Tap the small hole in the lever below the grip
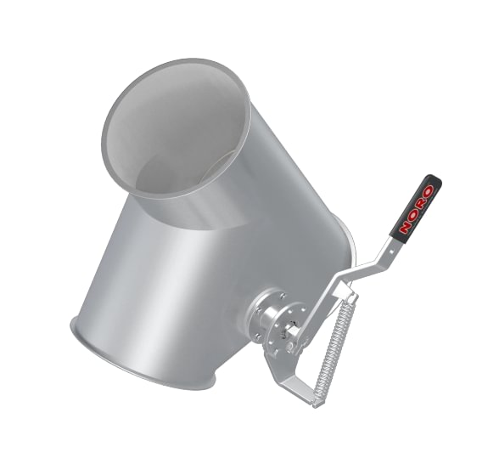click(x=390, y=248)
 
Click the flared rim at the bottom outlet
click(x=127, y=365)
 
